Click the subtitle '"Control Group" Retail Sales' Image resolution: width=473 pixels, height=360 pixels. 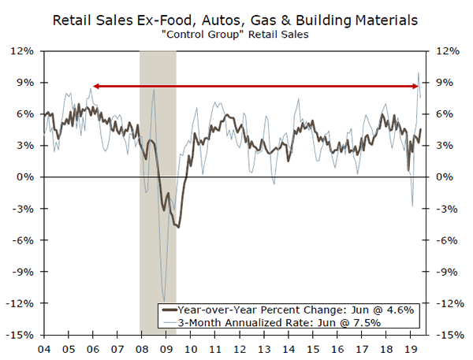point(236,35)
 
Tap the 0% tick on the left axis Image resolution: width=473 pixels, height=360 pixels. point(26,177)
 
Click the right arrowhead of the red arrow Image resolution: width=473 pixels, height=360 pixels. point(415,85)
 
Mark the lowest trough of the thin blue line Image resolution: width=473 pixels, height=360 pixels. point(163,300)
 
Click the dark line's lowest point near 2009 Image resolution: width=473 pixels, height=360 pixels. point(178,227)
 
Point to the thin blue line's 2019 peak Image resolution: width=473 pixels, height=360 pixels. point(418,73)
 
